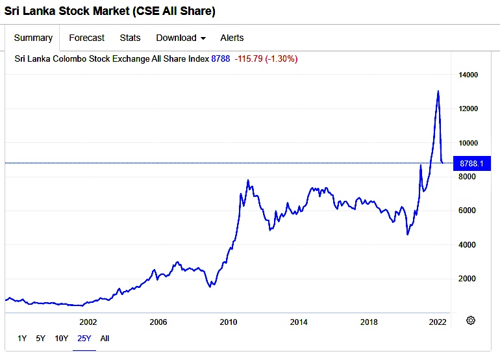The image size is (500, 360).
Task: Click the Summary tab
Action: click(33, 38)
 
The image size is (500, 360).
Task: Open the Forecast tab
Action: click(86, 38)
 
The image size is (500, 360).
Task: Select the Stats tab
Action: click(130, 38)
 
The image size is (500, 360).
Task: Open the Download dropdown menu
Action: click(181, 38)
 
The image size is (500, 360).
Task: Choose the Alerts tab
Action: click(232, 38)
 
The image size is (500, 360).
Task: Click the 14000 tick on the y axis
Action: click(468, 75)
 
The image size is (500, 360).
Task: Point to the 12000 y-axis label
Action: click(468, 109)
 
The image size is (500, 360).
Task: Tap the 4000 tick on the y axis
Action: click(466, 244)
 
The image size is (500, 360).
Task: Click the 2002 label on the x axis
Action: click(88, 322)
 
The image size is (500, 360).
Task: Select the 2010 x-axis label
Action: click(228, 322)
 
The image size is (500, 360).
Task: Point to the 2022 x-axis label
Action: click(438, 322)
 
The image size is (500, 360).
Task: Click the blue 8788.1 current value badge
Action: click(471, 163)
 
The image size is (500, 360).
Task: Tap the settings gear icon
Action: click(471, 320)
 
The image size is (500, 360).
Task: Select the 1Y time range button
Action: click(22, 338)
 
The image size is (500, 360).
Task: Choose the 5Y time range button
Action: click(41, 338)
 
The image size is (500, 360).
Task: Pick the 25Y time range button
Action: click(84, 338)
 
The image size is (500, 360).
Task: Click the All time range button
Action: click(105, 338)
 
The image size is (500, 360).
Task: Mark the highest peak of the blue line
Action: click(438, 91)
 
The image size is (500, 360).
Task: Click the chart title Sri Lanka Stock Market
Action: click(110, 11)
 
